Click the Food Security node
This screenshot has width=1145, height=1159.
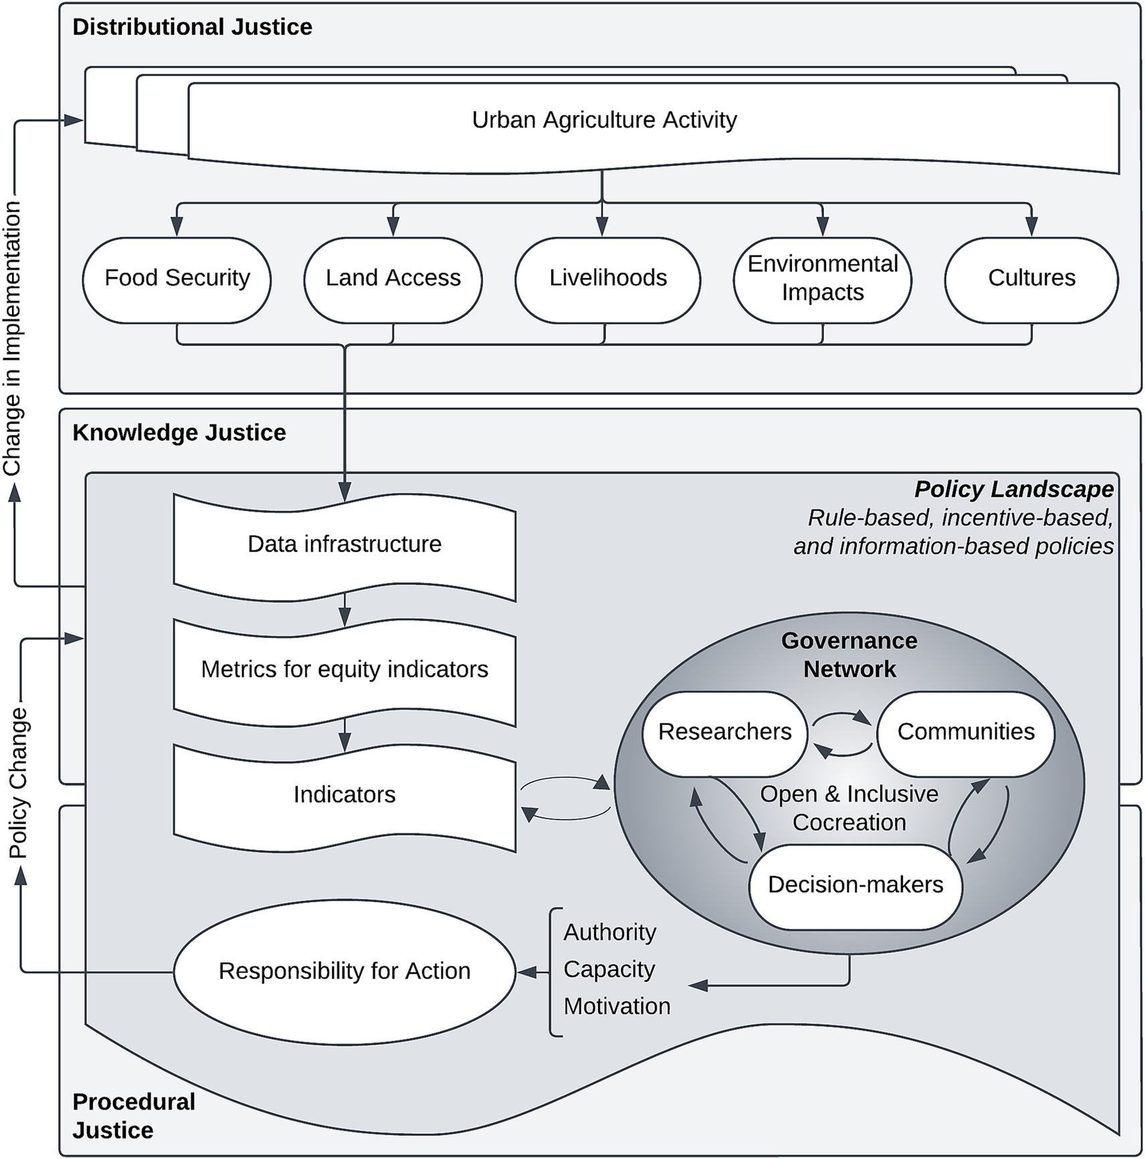(x=177, y=278)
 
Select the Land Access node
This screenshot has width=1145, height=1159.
(x=393, y=278)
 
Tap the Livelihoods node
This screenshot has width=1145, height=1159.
(x=607, y=278)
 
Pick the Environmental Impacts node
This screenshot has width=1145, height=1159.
(x=822, y=278)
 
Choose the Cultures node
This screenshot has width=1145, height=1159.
(x=1031, y=278)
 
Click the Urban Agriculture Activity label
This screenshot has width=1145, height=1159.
(x=604, y=120)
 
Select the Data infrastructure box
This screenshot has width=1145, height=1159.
(x=344, y=544)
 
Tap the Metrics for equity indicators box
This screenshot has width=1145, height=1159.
(x=344, y=669)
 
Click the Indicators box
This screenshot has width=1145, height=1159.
(x=344, y=795)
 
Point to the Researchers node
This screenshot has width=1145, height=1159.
(x=724, y=732)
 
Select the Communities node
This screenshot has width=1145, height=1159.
(x=965, y=732)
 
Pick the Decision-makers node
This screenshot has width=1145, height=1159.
(x=855, y=885)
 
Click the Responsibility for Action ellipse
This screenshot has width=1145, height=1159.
(x=344, y=971)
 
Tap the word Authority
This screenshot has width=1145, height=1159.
(x=609, y=932)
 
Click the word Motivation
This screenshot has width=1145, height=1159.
(x=617, y=1006)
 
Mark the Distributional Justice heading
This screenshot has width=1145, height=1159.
(x=192, y=27)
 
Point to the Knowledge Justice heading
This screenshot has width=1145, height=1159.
(x=179, y=433)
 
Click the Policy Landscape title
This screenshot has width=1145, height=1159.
(x=1013, y=490)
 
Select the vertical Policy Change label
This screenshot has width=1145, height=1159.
(x=18, y=782)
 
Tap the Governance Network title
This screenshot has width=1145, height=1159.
(x=849, y=655)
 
